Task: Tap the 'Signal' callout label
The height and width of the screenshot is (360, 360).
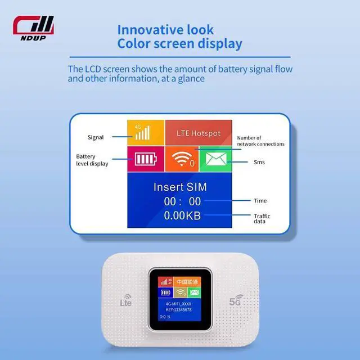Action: [x=96, y=137]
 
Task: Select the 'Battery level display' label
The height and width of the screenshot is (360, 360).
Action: [x=92, y=160]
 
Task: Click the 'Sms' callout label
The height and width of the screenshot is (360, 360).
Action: [x=259, y=163]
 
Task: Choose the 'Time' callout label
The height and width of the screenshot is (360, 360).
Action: [x=260, y=201]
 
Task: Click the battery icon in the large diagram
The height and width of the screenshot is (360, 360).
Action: [x=145, y=160]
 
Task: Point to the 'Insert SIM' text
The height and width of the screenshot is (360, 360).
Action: [x=180, y=187]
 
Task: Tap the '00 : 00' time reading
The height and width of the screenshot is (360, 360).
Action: [x=182, y=201]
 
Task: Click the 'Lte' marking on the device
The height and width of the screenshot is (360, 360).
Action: [x=127, y=302]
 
